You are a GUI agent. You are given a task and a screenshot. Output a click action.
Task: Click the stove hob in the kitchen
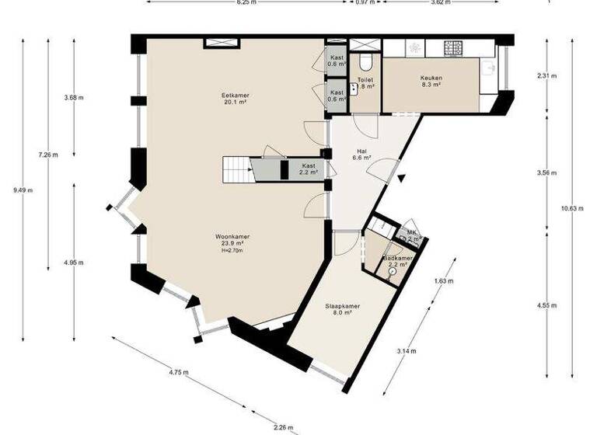[x=452, y=48]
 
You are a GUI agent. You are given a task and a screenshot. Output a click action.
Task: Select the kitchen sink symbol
[x=489, y=68]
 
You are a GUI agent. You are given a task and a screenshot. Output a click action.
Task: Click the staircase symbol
[x=238, y=168]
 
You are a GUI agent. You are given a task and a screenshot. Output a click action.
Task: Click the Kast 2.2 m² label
[x=309, y=169]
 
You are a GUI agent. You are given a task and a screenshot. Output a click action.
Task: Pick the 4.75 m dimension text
[x=179, y=372]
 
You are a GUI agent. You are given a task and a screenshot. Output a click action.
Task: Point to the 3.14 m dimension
[x=404, y=351]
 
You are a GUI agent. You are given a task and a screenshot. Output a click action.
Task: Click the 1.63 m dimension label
[x=441, y=280]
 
